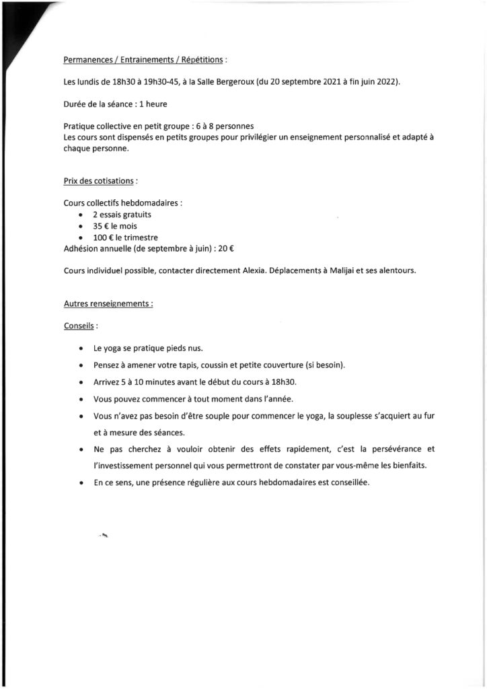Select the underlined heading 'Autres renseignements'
click(x=108, y=303)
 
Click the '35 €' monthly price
click(x=102, y=226)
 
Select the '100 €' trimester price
click(x=104, y=238)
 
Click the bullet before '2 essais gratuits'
click(x=81, y=215)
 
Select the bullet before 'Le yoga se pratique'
click(x=81, y=349)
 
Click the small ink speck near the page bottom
click(x=104, y=536)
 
